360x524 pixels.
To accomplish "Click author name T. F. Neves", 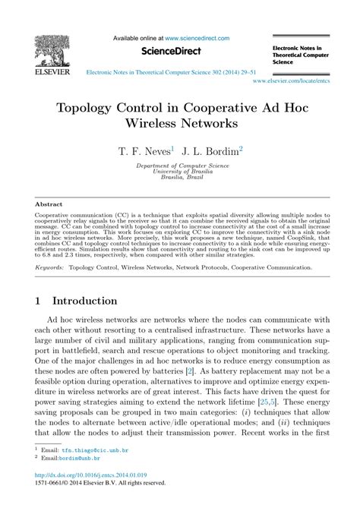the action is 144,152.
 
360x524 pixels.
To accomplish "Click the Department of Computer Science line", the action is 180,165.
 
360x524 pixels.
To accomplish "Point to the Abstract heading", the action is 49,204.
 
